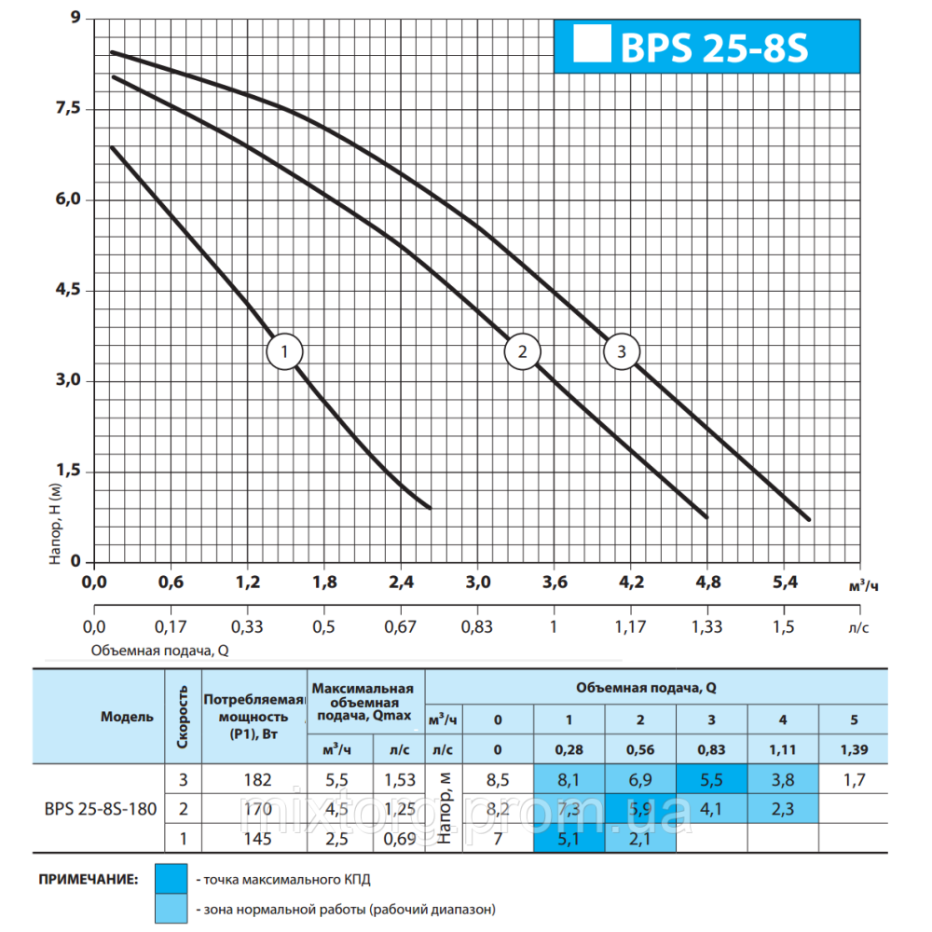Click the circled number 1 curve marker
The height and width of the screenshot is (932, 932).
(284, 351)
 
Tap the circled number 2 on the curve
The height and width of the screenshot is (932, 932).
(522, 351)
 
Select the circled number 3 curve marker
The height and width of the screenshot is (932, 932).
(622, 351)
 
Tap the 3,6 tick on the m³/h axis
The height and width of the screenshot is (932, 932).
(554, 583)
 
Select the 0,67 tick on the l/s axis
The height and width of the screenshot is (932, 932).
(400, 626)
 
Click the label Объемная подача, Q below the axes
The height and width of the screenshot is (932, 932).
(159, 651)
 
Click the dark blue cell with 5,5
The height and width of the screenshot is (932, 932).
(711, 780)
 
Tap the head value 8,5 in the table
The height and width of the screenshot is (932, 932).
(498, 780)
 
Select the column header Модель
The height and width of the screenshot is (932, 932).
(128, 717)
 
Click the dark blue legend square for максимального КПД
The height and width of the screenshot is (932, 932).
(171, 878)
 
